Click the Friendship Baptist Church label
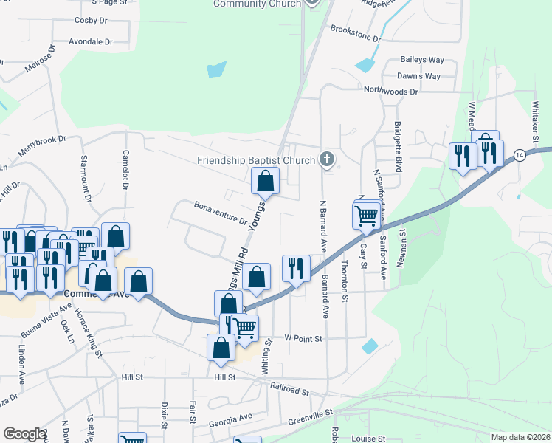coord(256,160)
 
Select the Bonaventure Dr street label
coord(221,212)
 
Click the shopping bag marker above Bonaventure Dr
coord(265,181)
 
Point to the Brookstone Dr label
coord(356,33)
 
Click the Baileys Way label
coord(422,59)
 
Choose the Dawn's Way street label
coord(419,76)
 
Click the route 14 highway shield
coord(520,155)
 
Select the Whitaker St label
coord(536,118)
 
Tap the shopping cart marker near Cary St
coord(366,216)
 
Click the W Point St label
coord(304,338)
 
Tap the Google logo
coord(24,434)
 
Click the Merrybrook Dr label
coord(42,147)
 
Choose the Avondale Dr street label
coord(91,42)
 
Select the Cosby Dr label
coord(92,21)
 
